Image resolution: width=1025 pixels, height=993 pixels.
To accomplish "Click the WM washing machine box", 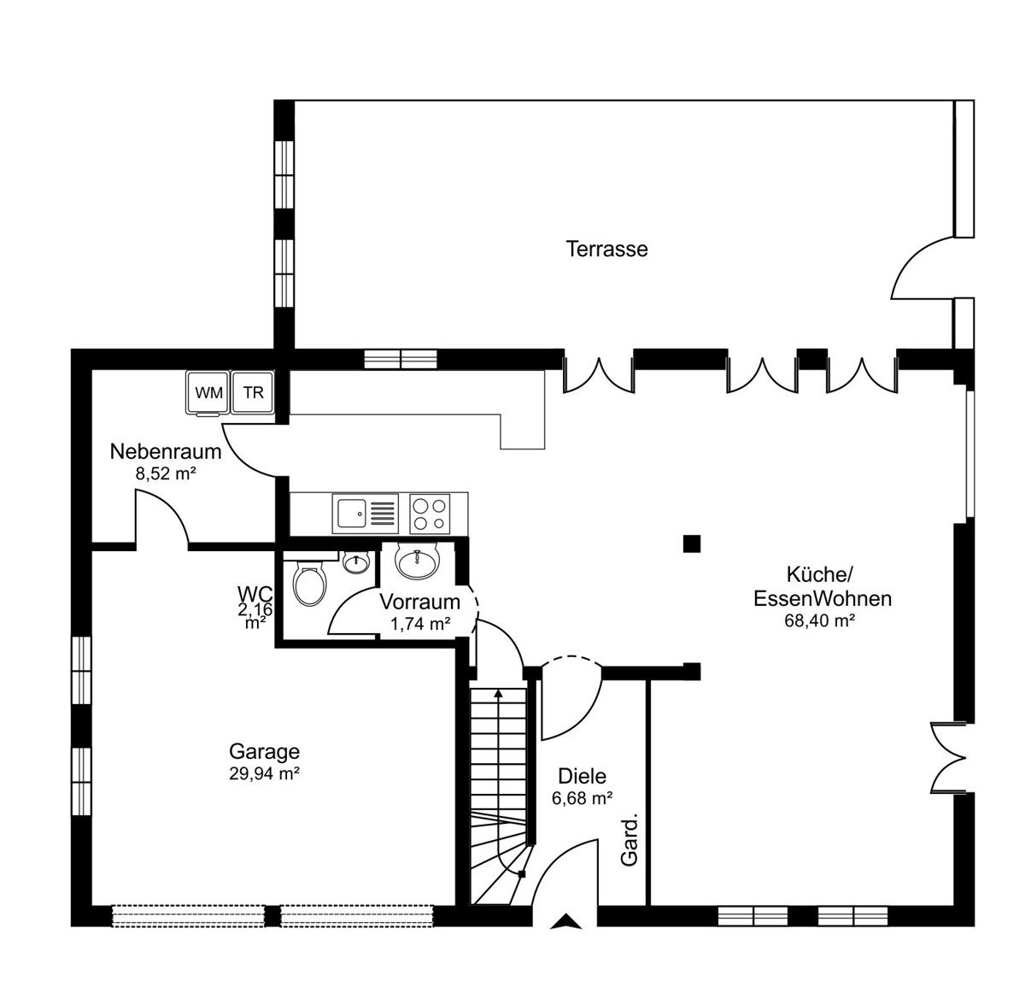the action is coord(208,393).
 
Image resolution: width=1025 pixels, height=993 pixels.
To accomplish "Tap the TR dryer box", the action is coord(253,392).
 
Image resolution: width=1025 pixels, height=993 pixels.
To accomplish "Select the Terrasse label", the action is coord(606,250).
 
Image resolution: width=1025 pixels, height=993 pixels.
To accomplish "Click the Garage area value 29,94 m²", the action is coord(265,773).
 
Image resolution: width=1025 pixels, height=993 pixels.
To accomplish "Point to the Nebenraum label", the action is coord(166,452).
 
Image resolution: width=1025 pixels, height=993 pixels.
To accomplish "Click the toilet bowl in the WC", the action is coord(310,584).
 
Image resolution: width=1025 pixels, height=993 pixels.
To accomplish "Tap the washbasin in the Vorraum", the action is coord(417,561).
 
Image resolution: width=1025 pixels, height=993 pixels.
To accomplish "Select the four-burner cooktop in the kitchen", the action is coord(430,514).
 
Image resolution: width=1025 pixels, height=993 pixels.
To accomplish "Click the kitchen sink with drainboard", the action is coord(366,514).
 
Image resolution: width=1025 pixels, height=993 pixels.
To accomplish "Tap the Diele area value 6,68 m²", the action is coord(582,798).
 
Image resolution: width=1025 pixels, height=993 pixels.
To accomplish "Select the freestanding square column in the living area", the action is coord(692,544).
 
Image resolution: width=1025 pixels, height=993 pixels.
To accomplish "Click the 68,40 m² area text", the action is coord(819,620).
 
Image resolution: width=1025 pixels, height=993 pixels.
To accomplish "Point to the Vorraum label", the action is coord(419,602).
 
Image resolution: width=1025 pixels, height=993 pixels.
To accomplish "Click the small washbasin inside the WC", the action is coord(356,562).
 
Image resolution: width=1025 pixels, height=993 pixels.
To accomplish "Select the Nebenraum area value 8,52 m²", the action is coord(166,473).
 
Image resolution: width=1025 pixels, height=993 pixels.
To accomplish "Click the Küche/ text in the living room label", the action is coord(818,574).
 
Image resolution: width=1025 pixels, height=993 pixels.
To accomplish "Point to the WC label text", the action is coord(255,594).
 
